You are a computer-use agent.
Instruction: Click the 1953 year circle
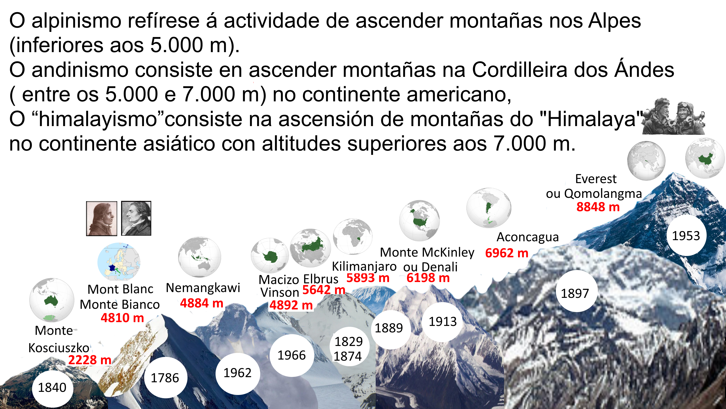coord(686,236)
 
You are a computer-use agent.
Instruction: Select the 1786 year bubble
coord(165,378)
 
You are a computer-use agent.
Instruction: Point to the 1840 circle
coord(52,388)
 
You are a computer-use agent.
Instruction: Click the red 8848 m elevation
coord(598,207)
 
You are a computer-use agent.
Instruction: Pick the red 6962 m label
coord(506,253)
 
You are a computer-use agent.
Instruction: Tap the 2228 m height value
coord(90,360)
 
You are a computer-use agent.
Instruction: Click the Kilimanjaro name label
coord(364,266)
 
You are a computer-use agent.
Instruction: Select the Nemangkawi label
coord(203,288)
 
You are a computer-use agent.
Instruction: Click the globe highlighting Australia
coord(52,300)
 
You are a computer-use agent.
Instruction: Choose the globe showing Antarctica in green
coord(270,256)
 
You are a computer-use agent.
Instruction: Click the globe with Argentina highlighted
coord(489,208)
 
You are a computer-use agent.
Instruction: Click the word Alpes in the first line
coord(614,21)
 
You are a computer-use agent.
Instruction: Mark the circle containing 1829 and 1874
coord(348,349)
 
